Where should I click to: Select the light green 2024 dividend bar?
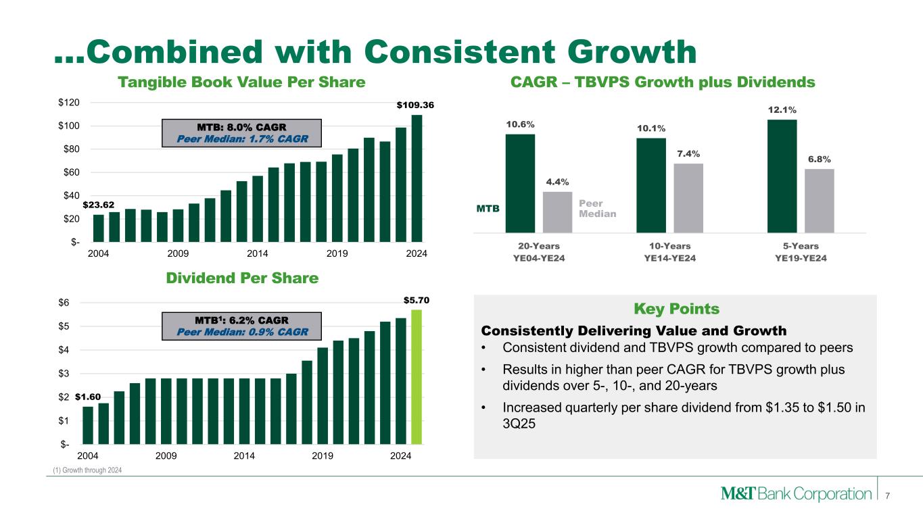click(x=417, y=376)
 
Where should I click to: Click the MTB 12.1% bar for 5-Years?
click(x=782, y=176)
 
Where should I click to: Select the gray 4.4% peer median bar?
click(x=557, y=212)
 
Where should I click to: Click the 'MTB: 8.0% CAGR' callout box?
click(x=241, y=132)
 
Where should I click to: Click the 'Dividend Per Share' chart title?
click(x=242, y=278)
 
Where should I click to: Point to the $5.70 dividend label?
click(x=417, y=299)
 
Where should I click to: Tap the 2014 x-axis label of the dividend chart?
click(x=244, y=455)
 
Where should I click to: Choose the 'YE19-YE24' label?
click(x=801, y=259)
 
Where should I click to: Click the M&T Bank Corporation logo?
click(x=796, y=494)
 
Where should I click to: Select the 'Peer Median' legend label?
click(x=598, y=208)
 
